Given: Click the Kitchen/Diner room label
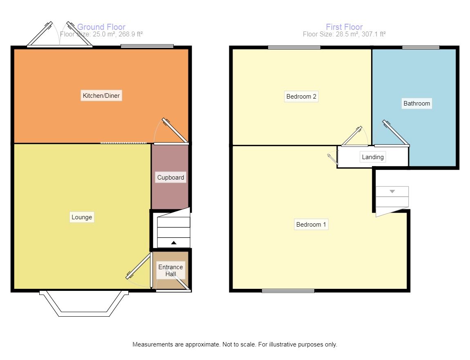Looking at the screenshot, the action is point(101,96).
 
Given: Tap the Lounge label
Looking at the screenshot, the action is point(81,217).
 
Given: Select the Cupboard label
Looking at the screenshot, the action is point(170,177).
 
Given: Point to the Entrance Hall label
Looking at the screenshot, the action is point(170,270).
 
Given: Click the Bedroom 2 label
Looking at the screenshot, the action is point(301,96).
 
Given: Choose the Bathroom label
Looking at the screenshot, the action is point(416,103).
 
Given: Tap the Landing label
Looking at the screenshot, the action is point(373,157).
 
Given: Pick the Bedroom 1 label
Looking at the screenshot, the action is point(311,225).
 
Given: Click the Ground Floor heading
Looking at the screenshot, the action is point(101,27).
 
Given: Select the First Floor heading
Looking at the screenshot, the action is point(344,27).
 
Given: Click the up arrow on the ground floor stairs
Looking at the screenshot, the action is point(174,243).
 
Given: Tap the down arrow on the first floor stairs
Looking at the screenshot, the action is point(392,191).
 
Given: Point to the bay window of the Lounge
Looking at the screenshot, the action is point(84,303).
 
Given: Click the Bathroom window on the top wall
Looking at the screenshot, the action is point(421,47).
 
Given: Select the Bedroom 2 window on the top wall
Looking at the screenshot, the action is point(294,47).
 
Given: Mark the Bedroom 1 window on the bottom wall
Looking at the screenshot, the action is point(288,291).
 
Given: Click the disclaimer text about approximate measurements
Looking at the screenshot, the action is point(235,344).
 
